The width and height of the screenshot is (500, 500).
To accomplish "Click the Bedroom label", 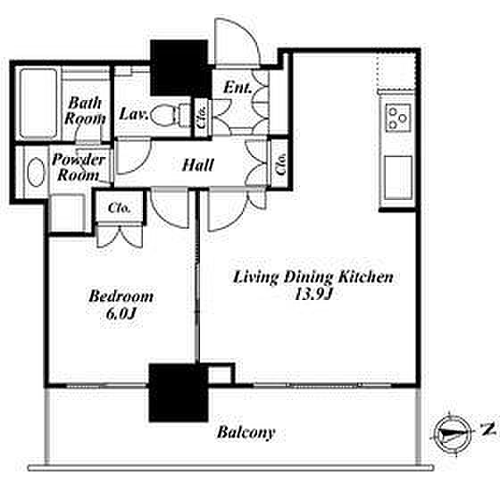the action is pyautogui.click(x=121, y=296).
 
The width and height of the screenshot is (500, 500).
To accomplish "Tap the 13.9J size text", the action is pyautogui.click(x=313, y=294).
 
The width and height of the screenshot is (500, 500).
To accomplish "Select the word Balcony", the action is pyautogui.click(x=246, y=433).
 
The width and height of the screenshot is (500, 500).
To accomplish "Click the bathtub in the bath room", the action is pyautogui.click(x=38, y=104).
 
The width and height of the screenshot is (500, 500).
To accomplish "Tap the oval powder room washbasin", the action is pyautogui.click(x=36, y=171).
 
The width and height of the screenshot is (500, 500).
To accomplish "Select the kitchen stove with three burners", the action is pyautogui.click(x=398, y=118).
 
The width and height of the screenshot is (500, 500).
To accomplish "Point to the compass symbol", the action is pyautogui.click(x=453, y=435).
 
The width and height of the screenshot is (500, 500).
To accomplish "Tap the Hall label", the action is pyautogui.click(x=197, y=165).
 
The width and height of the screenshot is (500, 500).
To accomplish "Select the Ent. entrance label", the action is pyautogui.click(x=237, y=87).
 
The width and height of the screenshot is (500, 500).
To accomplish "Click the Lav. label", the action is pyautogui.click(x=133, y=114).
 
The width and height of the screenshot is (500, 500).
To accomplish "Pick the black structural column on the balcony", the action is pyautogui.click(x=179, y=393).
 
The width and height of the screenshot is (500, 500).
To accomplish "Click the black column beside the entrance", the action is pyautogui.click(x=180, y=68).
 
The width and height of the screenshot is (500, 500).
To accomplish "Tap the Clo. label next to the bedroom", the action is pyautogui.click(x=120, y=208).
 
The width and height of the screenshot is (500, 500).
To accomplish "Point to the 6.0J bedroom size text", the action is pyautogui.click(x=121, y=313).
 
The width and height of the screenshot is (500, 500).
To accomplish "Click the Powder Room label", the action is pyautogui.click(x=79, y=167).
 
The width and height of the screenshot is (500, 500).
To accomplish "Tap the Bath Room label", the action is pyautogui.click(x=85, y=111).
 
